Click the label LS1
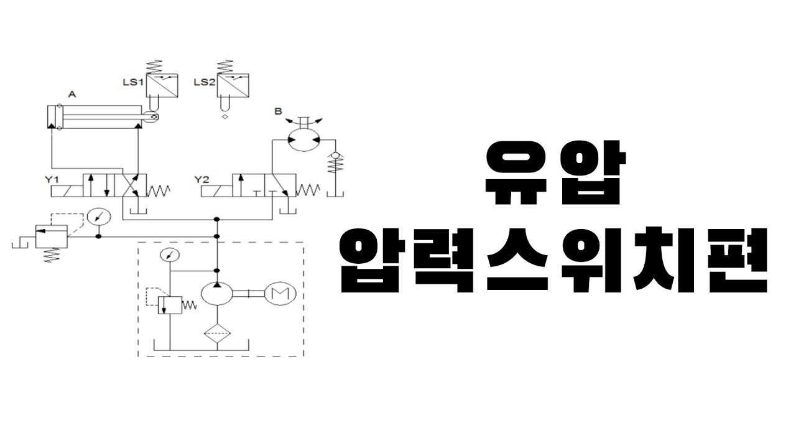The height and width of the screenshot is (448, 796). click(134, 82)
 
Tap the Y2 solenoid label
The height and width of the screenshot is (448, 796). click(202, 180)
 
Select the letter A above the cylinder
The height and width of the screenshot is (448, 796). click(72, 95)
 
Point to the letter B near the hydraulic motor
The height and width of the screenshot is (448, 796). click(279, 112)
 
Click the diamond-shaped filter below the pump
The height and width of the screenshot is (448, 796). click(216, 334)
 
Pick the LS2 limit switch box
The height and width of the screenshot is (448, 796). click(234, 85)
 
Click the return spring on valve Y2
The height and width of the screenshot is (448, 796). click(309, 189)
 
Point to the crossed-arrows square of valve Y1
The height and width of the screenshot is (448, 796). click(135, 185)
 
